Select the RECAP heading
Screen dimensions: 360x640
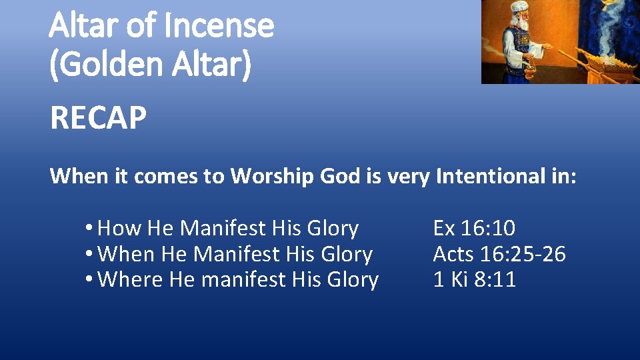pos(98,119)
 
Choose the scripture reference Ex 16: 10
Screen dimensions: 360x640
pos(474,229)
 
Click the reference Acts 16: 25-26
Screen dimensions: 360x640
pos(499,254)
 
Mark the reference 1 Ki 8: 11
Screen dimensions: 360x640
pos(475,279)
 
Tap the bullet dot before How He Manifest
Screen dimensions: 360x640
pos(89,229)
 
